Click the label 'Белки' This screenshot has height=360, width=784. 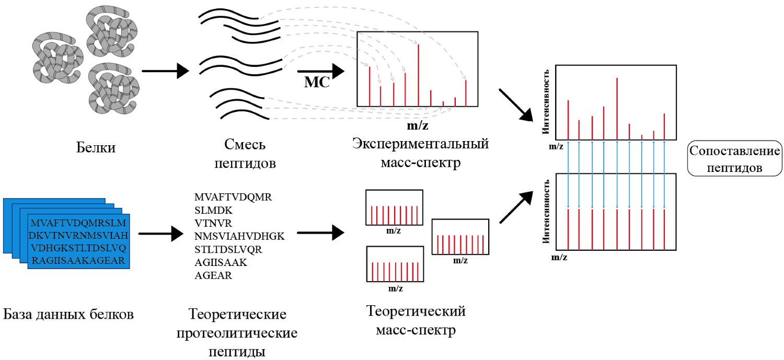[x=95, y=148]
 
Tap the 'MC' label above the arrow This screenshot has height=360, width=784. [x=317, y=83]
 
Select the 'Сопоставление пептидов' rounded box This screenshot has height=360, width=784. [x=734, y=158]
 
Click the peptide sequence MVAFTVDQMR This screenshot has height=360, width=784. [x=233, y=198]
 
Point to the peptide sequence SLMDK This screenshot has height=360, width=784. [x=213, y=211]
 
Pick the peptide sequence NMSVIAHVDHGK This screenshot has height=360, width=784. [x=239, y=237]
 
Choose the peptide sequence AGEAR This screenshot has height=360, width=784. [x=213, y=275]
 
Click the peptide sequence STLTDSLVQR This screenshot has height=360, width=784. [x=228, y=250]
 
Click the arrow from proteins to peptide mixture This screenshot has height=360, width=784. [x=165, y=71]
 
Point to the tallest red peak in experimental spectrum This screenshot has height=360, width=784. [x=418, y=75]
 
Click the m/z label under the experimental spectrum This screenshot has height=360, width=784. [x=418, y=125]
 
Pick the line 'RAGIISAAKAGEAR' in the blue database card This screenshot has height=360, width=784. [x=79, y=260]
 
